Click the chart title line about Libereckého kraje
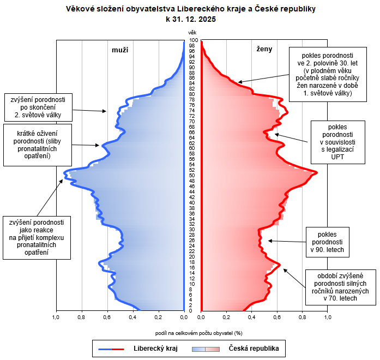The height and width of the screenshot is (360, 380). click(x=191, y=9)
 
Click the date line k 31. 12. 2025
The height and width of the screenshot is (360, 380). click(x=191, y=19)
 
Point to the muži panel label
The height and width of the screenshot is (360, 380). click(x=120, y=50)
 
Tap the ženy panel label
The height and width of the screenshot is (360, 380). click(x=264, y=49)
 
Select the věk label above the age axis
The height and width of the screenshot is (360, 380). click(x=192, y=33)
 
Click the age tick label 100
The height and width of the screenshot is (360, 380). click(x=194, y=40)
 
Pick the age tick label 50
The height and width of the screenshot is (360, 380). click(x=192, y=176)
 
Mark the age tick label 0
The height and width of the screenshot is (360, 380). click(x=190, y=311)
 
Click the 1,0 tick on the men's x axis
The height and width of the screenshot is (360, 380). click(x=56, y=317)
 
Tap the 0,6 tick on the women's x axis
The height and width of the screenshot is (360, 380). click(x=277, y=317)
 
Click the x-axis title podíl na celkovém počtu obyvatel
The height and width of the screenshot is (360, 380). click(x=199, y=333)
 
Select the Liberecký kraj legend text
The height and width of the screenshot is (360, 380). click(x=155, y=349)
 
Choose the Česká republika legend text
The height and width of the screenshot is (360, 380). click(x=254, y=349)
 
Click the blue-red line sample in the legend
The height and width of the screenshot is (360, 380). click(x=111, y=349)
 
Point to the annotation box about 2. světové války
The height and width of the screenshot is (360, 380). click(x=38, y=107)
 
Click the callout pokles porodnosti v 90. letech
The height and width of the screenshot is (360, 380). click(x=328, y=242)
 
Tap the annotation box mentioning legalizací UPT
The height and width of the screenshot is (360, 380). click(x=338, y=142)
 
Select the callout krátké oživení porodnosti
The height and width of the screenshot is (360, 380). click(x=38, y=145)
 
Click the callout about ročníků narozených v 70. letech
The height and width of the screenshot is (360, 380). click(x=341, y=287)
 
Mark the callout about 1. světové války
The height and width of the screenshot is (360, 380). click(x=328, y=74)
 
